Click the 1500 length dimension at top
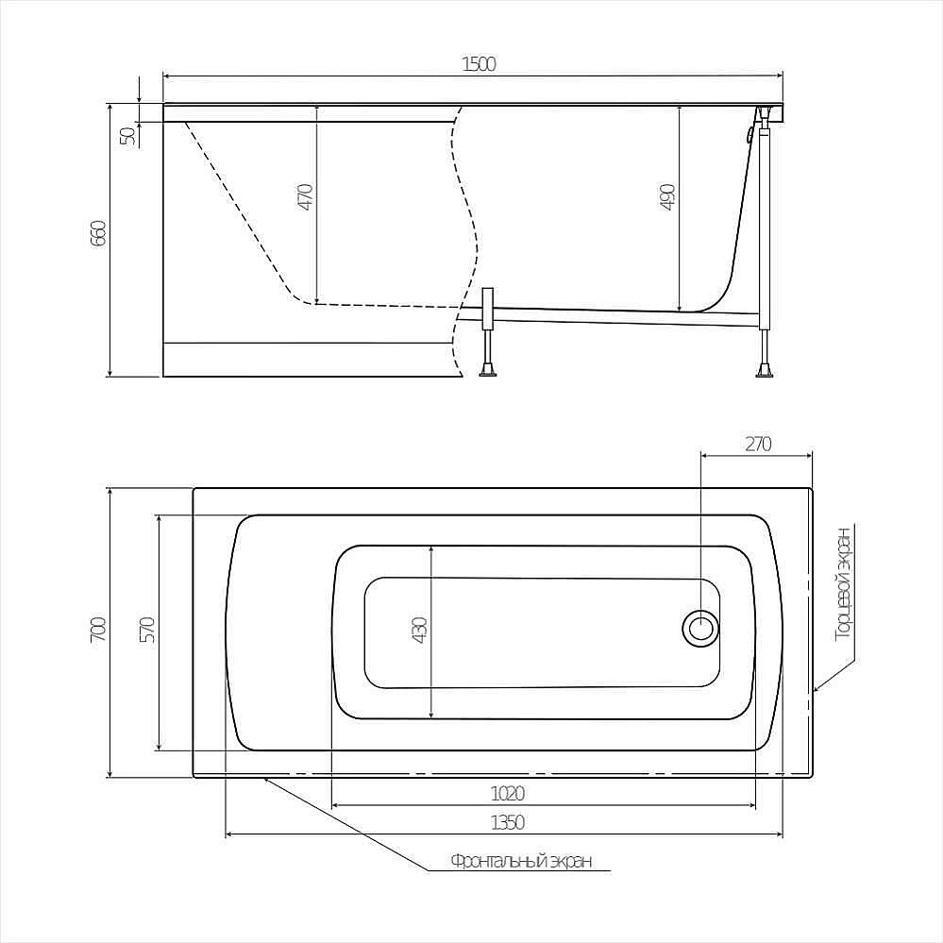coord(480,64)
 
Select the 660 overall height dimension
coord(98,233)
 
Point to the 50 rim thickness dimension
coord(127,137)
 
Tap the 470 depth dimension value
coord(306,196)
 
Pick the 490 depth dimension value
coord(668,197)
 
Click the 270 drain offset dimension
coord(758,444)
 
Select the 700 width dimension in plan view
coord(98,629)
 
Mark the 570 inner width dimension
coord(148,630)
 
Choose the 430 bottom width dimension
coord(420,631)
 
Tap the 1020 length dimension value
coord(508,794)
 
